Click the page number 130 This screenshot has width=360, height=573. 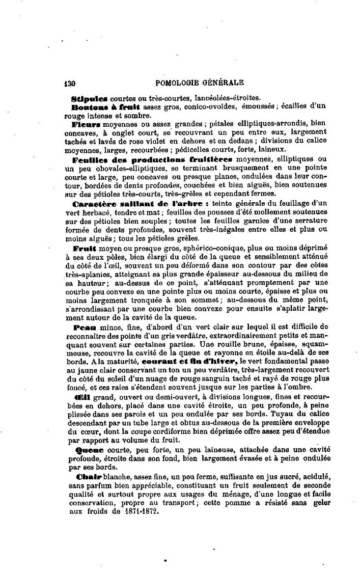(70, 83)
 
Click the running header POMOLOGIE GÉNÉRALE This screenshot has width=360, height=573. (202, 83)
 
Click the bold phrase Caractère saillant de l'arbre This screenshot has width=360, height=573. (139, 203)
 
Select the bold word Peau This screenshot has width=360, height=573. (83, 326)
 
